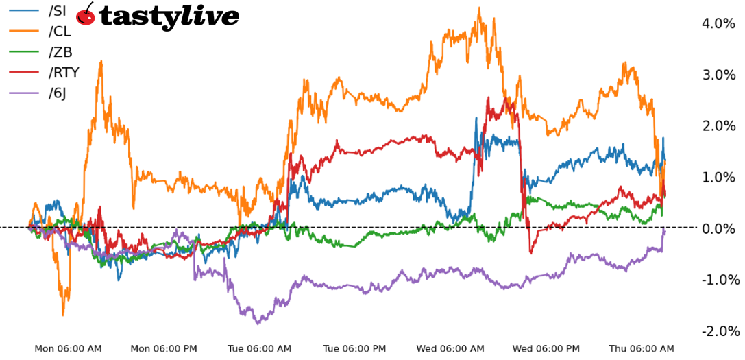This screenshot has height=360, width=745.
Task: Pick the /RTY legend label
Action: (64, 73)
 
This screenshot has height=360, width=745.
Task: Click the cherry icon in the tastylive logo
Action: (86, 14)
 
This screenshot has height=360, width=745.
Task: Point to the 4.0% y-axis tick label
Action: (718, 24)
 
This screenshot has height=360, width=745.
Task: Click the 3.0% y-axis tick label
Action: (718, 75)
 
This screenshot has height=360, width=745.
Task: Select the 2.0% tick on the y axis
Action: (718, 126)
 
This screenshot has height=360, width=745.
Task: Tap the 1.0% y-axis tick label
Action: (718, 177)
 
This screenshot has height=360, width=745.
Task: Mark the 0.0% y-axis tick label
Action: (718, 228)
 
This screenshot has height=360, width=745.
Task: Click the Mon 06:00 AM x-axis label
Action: (68, 349)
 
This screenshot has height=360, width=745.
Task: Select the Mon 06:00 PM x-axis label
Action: (163, 349)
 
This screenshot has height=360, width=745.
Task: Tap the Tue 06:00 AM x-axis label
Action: (259, 349)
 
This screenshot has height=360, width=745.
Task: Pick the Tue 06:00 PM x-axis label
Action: (354, 349)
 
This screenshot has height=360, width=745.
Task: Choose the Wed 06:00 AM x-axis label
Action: (450, 349)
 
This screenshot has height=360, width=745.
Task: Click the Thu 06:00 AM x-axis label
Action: (641, 349)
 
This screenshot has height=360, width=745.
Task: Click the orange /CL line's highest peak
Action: (478, 9)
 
